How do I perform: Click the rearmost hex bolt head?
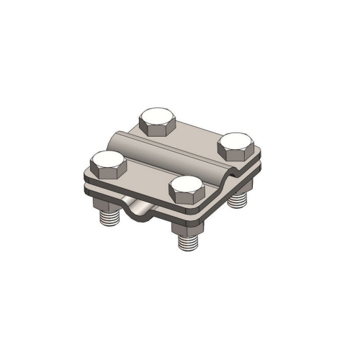tap(158, 122)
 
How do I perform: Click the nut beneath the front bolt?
tap(184, 228)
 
